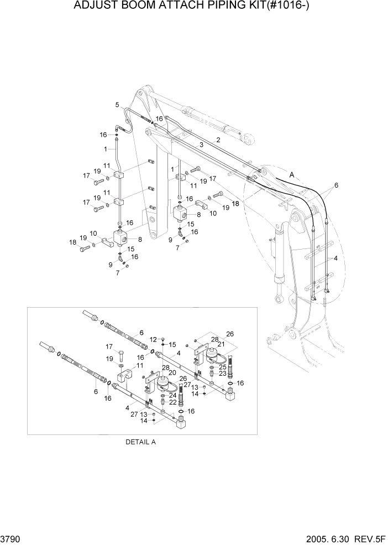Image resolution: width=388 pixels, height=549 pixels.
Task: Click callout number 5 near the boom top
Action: (117, 105)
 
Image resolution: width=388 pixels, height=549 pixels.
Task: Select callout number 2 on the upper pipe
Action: (218, 140)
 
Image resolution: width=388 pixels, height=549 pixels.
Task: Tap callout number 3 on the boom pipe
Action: (202, 144)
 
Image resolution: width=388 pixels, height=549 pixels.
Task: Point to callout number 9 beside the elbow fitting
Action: (111, 265)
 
